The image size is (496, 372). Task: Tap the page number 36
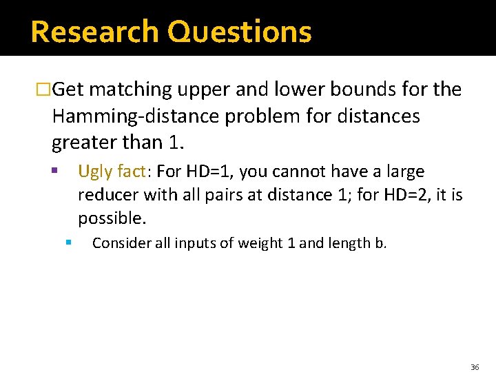475,367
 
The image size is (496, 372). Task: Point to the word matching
131,90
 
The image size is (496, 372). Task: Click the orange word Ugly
95,172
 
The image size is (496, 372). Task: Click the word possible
111,219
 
